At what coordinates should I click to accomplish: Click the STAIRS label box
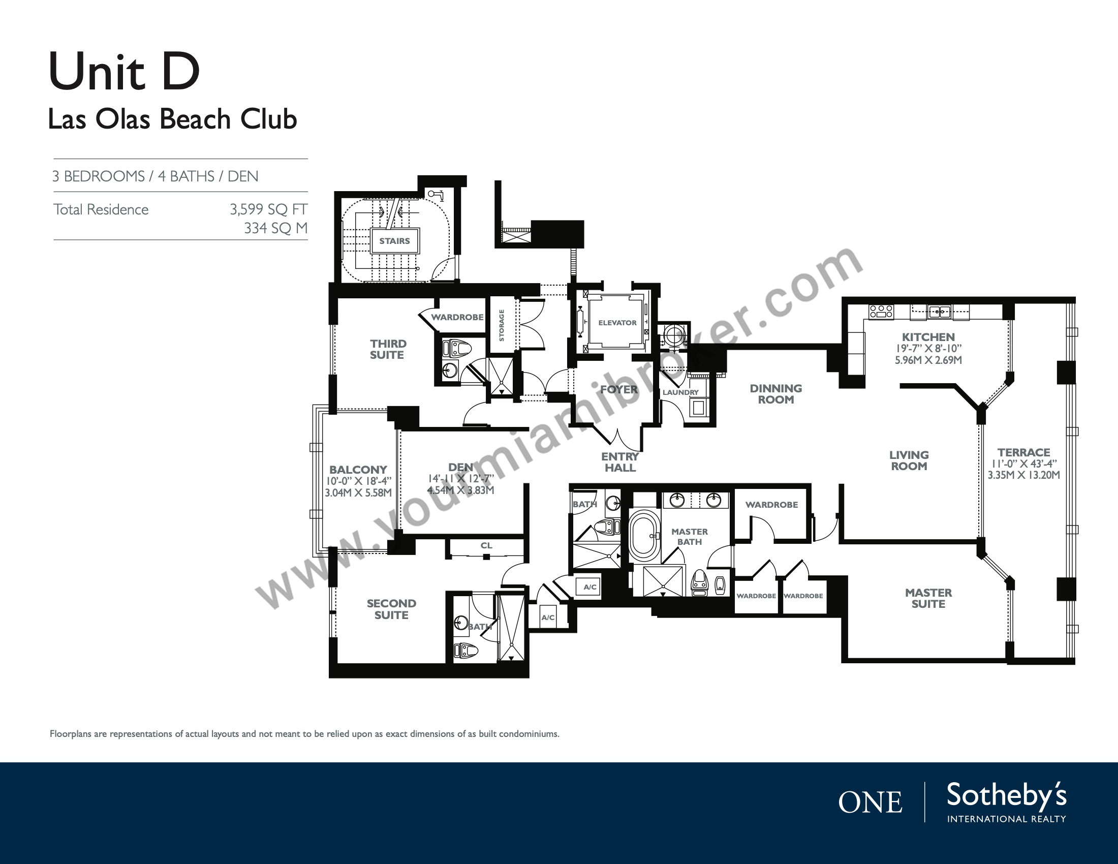[395, 240]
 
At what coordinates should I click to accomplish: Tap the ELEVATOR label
[617, 322]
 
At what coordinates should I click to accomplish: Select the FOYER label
[619, 389]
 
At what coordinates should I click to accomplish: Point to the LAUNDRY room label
[680, 392]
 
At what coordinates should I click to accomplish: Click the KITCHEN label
[928, 337]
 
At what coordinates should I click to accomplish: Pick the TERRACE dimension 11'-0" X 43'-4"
[1023, 464]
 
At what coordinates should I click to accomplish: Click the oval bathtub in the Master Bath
[644, 535]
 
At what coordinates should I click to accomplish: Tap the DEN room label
[460, 467]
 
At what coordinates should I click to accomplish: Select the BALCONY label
[358, 470]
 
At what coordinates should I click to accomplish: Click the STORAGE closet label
[502, 325]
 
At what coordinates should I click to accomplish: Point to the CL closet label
[486, 546]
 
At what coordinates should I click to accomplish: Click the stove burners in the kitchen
[881, 312]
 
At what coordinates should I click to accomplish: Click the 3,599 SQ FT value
[268, 209]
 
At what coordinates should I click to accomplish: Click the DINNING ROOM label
[775, 394]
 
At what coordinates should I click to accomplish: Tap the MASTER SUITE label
[928, 598]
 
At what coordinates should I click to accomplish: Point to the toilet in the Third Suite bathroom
[457, 349]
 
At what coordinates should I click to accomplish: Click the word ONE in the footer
[869, 803]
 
